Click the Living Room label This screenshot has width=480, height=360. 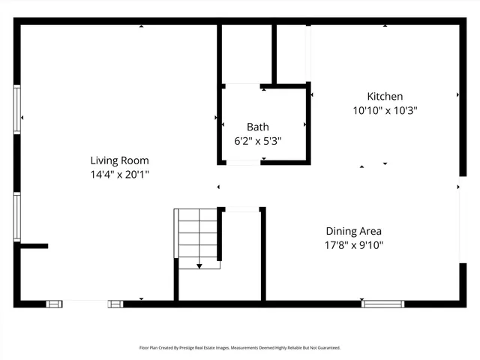pyautogui.click(x=119, y=160)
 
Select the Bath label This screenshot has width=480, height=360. pyautogui.click(x=257, y=127)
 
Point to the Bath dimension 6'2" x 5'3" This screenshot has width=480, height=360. pyautogui.click(x=257, y=141)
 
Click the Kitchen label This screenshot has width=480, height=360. pyautogui.click(x=385, y=96)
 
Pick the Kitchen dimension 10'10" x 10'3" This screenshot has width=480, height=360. pyautogui.click(x=385, y=110)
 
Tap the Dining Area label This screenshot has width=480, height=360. pyautogui.click(x=353, y=231)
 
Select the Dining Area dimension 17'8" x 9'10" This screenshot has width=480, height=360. pyautogui.click(x=353, y=245)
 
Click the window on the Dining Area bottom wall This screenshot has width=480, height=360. pyautogui.click(x=382, y=304)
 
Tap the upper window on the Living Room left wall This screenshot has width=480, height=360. pyautogui.click(x=16, y=109)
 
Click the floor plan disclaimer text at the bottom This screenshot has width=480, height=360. pyautogui.click(x=240, y=348)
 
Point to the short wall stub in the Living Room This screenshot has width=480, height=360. pyautogui.click(x=33, y=245)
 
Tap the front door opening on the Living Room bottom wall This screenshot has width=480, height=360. pyautogui.click(x=85, y=304)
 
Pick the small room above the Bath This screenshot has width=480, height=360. pyautogui.click(x=246, y=54)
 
